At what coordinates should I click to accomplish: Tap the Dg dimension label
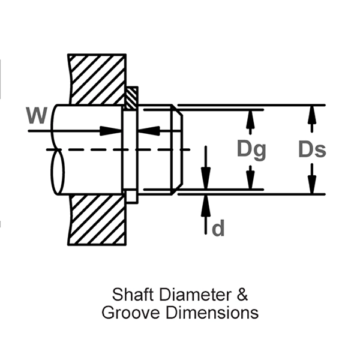[251, 149]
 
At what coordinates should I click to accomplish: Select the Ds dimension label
[312, 149]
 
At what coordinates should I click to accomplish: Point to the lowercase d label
[218, 228]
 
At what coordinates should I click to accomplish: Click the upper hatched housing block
[96, 80]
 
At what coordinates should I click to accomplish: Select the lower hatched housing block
[96, 219]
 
